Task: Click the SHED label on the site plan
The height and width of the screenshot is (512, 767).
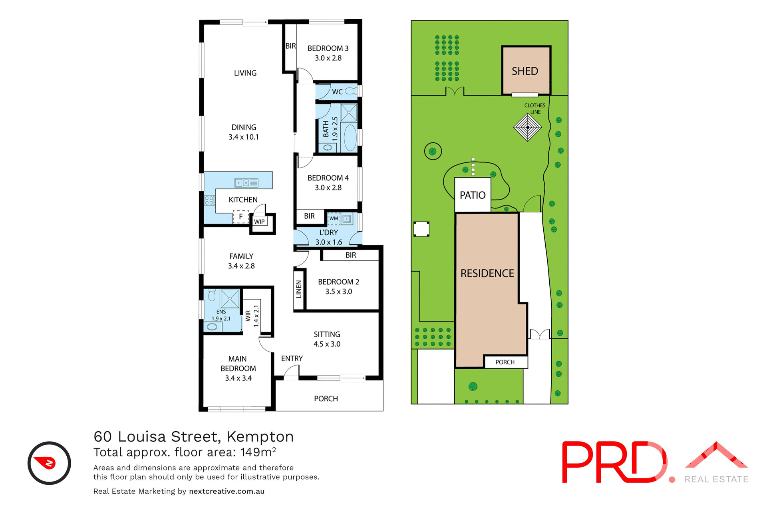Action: [525, 71]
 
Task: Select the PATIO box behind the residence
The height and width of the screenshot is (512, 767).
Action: [473, 195]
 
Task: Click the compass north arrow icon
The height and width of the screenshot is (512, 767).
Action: [49, 463]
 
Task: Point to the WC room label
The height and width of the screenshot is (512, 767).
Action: [337, 92]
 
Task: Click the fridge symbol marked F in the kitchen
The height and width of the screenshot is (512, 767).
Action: [240, 217]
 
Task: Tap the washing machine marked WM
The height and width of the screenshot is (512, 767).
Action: [334, 218]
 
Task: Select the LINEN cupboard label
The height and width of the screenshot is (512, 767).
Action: [299, 289]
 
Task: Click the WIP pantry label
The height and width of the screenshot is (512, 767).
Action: [259, 222]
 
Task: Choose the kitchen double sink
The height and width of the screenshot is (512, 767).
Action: [246, 183]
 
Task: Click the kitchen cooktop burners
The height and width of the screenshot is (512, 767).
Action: [209, 200]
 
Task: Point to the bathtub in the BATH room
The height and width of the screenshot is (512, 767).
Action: [350, 138]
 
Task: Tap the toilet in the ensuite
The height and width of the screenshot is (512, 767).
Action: [212, 295]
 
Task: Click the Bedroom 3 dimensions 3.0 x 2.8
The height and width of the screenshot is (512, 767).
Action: [328, 58]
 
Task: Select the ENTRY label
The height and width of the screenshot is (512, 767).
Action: [292, 358]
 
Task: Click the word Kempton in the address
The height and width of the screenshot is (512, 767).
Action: [260, 436]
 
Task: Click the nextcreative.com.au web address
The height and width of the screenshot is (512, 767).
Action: [227, 491]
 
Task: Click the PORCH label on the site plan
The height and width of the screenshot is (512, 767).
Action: [505, 362]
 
